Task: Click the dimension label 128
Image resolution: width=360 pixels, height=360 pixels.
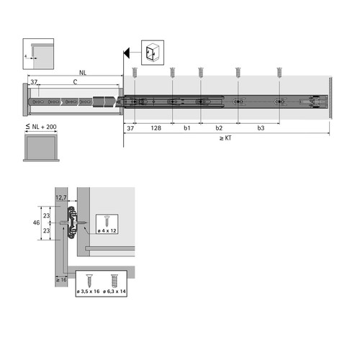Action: coord(156,128)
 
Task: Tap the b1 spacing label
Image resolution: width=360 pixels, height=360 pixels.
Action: coord(187,128)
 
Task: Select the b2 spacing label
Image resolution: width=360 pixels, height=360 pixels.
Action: coord(219,128)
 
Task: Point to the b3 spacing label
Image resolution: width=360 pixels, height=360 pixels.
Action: coord(261,128)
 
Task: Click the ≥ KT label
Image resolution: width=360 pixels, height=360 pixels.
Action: coord(225,138)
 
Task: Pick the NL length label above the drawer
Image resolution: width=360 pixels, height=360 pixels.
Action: coord(83,73)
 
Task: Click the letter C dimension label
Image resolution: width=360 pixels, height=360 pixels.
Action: coord(75,82)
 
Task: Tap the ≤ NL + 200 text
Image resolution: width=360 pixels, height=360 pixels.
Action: coord(41,127)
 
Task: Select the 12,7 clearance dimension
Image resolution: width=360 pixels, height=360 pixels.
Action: coord(61,197)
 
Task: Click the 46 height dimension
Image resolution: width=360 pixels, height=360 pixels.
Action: coord(36,222)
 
